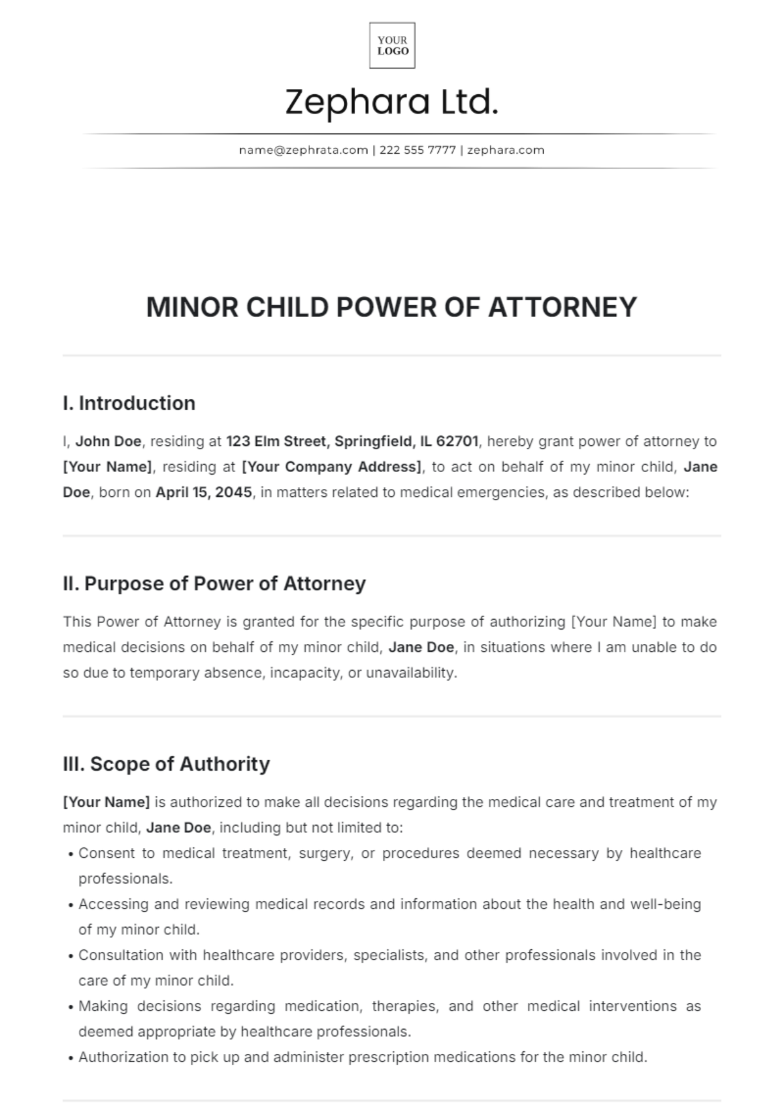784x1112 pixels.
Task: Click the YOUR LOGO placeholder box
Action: point(392,46)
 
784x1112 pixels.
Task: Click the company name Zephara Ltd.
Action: point(392,103)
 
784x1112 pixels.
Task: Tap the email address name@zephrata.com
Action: point(303,150)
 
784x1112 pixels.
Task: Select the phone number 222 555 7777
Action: point(417,150)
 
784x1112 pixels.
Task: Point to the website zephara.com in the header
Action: point(506,150)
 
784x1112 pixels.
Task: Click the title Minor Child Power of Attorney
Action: point(391,307)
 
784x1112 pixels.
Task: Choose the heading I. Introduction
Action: point(129,403)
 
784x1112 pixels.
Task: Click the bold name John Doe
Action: point(108,441)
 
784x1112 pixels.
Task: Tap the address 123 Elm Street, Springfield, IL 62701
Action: point(353,441)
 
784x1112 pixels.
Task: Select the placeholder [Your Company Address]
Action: point(331,467)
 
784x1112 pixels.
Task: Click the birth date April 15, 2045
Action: point(203,492)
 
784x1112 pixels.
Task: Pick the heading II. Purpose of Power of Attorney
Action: point(214,584)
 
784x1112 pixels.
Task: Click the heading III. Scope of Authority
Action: point(166,764)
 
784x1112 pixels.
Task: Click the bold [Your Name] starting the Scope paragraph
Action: point(106,802)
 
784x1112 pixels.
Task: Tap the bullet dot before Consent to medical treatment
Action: point(71,854)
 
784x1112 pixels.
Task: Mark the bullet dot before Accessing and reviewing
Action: point(71,905)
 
